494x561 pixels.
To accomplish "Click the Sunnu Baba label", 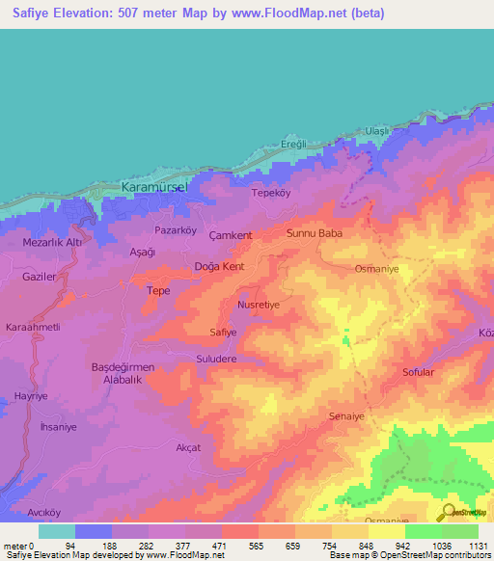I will pyautogui.click(x=316, y=233).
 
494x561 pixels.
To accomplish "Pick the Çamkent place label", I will pyautogui.click(x=231, y=235).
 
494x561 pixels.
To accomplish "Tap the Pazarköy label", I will pyautogui.click(x=176, y=231).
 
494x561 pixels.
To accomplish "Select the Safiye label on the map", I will pyautogui.click(x=223, y=333).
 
